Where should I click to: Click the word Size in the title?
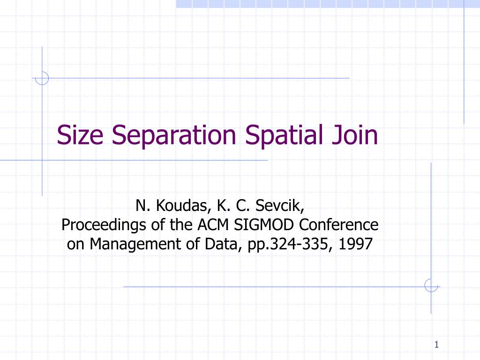(81, 135)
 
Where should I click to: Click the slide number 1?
(436, 345)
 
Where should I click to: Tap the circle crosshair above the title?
(42, 78)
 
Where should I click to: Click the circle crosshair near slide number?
(431, 285)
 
